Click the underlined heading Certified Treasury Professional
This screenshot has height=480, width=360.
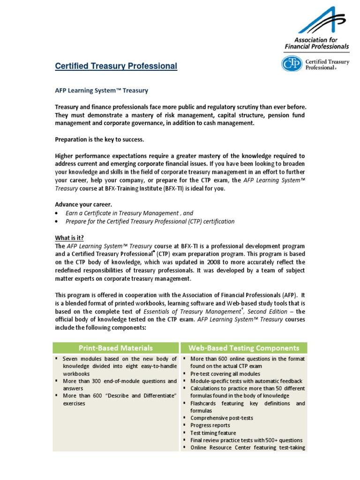(116, 67)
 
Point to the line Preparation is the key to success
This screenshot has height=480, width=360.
(100, 140)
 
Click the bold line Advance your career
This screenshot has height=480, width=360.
(83, 204)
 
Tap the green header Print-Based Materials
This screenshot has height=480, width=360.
(116, 348)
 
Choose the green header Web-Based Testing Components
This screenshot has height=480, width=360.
(243, 348)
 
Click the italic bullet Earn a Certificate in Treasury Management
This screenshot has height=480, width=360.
(129, 213)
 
